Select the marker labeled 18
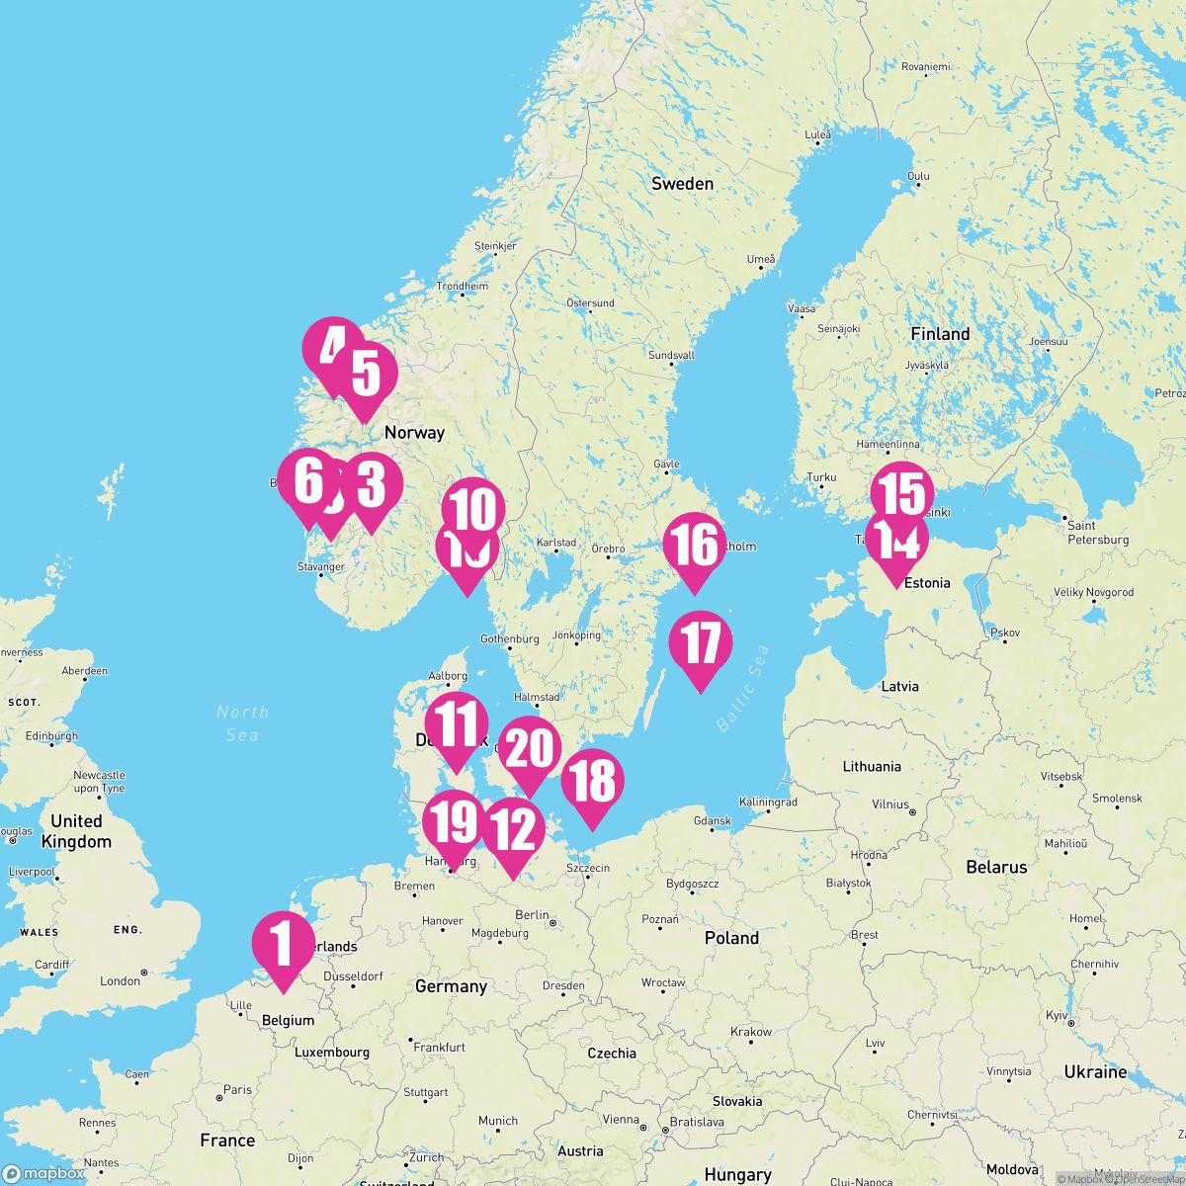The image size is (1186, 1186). (x=592, y=784)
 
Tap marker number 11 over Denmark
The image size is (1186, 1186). (x=457, y=726)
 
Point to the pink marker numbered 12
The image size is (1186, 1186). (x=512, y=833)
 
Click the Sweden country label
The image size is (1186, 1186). (x=682, y=184)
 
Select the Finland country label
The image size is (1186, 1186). (x=940, y=334)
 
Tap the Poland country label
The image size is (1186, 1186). (x=731, y=938)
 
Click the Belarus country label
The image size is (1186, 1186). (x=996, y=867)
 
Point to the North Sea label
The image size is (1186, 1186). (x=242, y=722)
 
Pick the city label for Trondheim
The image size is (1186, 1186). (x=463, y=287)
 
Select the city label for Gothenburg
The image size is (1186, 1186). (x=510, y=639)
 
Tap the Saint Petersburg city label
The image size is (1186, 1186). (x=1097, y=533)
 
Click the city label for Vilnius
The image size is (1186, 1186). (x=890, y=805)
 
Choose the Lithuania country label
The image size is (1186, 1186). (x=872, y=766)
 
